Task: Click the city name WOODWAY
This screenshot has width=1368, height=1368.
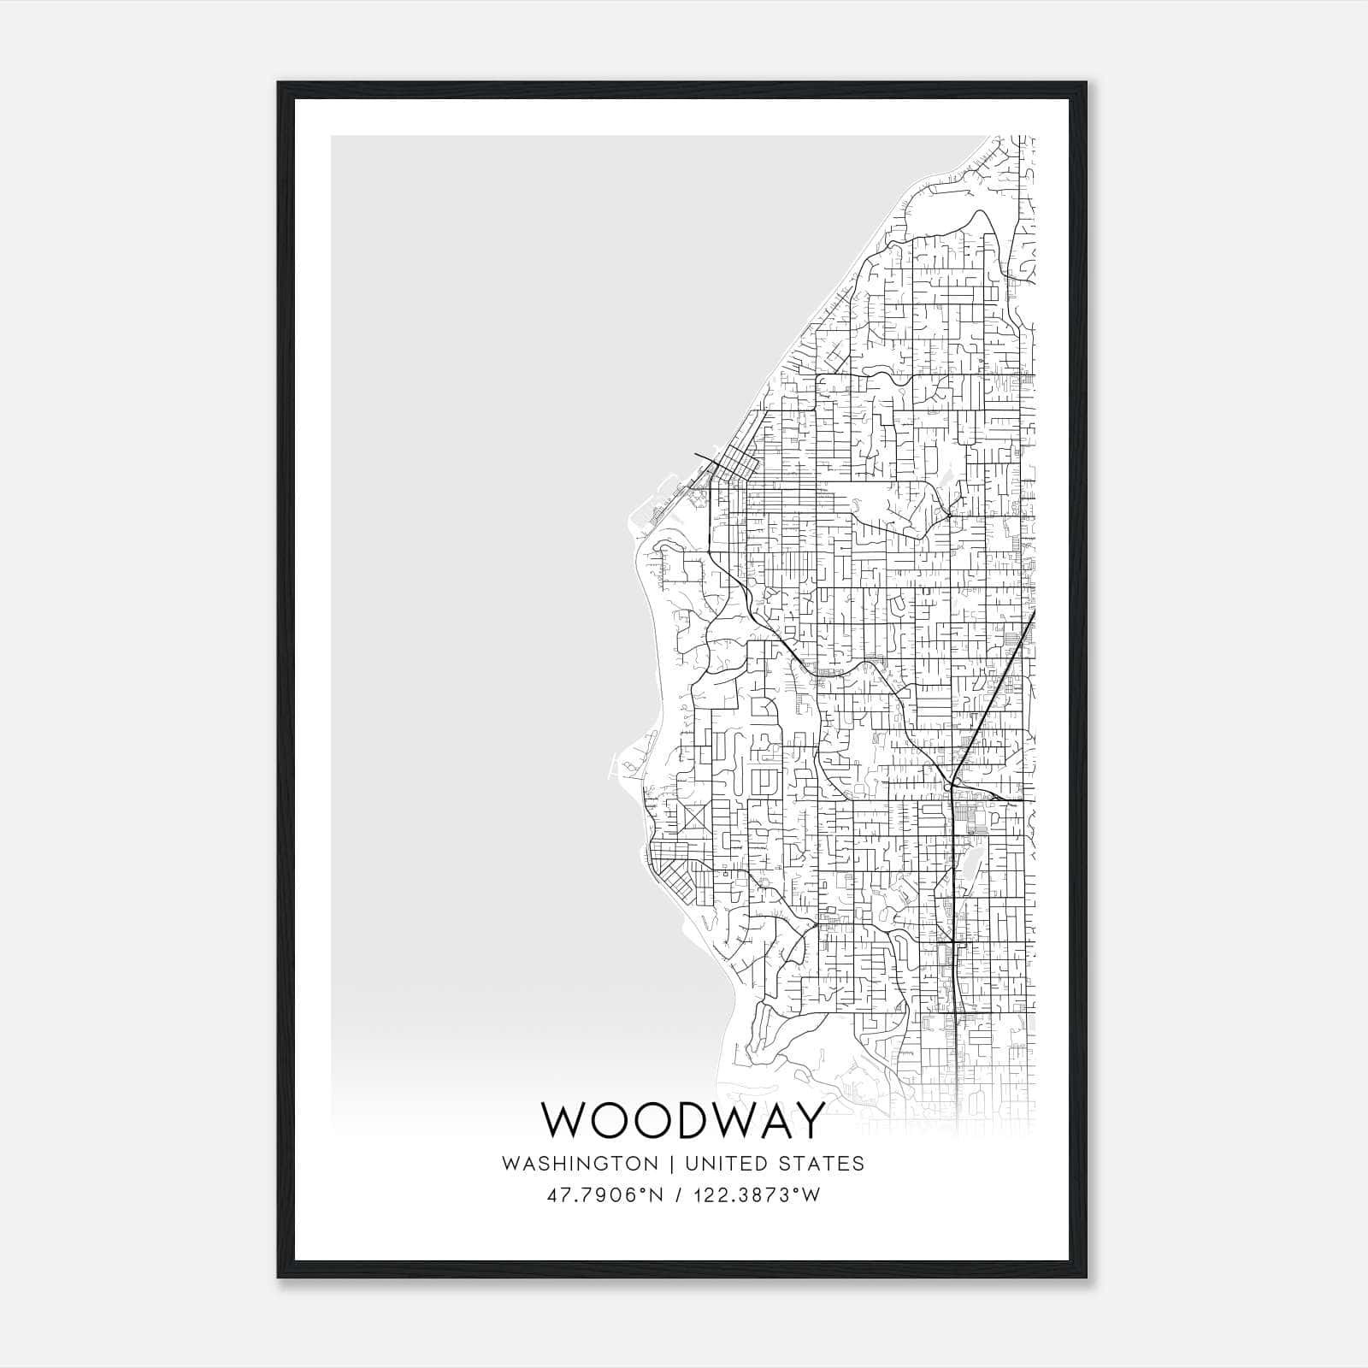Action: pyautogui.click(x=684, y=1120)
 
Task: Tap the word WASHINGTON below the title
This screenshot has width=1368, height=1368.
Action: pyautogui.click(x=580, y=1164)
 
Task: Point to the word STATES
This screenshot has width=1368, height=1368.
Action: pyautogui.click(x=823, y=1164)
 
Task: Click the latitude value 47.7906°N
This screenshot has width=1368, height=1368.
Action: pyautogui.click(x=605, y=1195)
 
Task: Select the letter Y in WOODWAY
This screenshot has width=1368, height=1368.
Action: pyautogui.click(x=809, y=1120)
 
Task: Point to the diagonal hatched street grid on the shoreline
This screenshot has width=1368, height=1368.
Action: pyautogui.click(x=680, y=881)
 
